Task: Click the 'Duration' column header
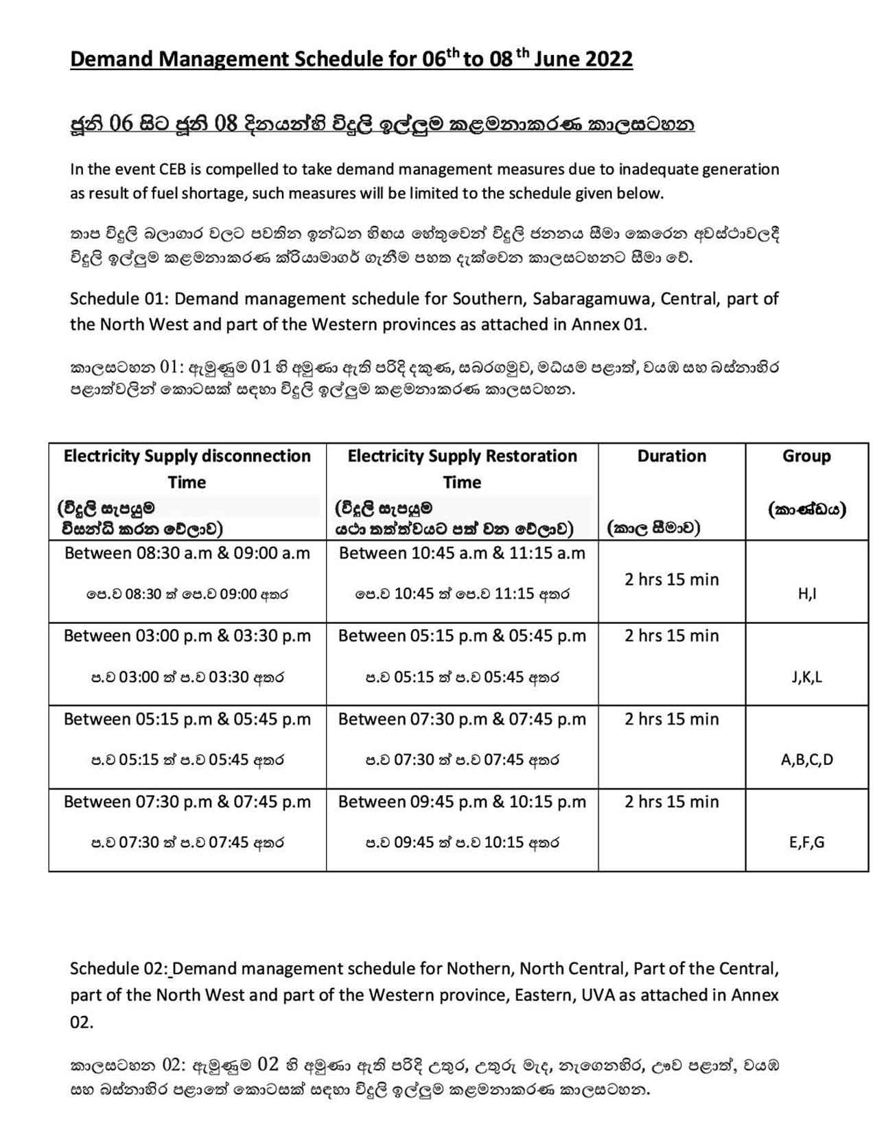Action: tap(671, 456)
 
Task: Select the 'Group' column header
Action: tap(806, 456)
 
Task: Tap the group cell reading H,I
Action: tap(807, 594)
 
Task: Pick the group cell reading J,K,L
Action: tap(807, 677)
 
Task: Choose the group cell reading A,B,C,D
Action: tap(807, 759)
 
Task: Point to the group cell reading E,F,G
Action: tap(807, 842)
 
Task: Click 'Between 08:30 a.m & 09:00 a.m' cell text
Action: tap(187, 553)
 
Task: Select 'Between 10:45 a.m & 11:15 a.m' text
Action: tap(462, 553)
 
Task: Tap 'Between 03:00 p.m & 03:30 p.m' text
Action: tap(187, 636)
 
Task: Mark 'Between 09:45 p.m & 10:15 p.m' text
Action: tap(462, 802)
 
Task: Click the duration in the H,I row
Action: tap(671, 580)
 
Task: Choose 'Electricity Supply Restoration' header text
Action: tap(462, 456)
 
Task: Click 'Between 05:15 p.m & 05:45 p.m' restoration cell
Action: tap(462, 636)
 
